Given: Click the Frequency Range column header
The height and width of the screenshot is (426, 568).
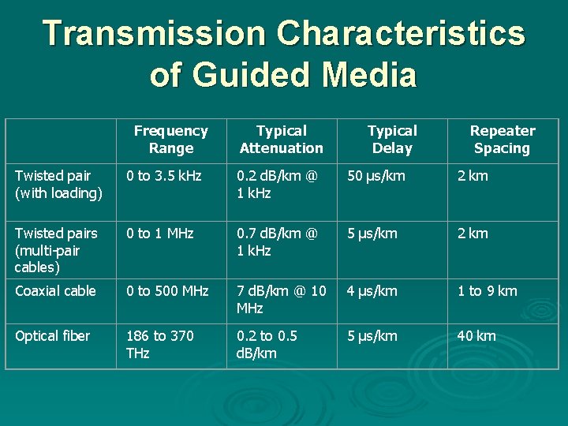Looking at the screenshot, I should tap(171, 140).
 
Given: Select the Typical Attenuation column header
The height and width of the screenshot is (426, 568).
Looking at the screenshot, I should tap(282, 140).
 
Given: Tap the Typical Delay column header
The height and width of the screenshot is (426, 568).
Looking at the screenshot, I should tap(392, 140).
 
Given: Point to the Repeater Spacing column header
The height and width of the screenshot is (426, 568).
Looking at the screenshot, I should tap(503, 140).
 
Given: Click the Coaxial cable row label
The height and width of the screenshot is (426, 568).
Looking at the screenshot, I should tap(55, 291).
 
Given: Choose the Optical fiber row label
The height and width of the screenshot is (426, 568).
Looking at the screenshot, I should tap(52, 336).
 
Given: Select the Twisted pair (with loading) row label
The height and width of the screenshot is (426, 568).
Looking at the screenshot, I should tap(58, 185).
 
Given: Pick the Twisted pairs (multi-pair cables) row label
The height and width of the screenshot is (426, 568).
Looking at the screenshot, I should tap(56, 250).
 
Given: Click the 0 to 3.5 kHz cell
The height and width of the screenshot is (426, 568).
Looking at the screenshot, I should tap(164, 176).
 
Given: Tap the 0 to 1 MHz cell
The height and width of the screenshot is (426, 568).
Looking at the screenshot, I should tap(159, 234).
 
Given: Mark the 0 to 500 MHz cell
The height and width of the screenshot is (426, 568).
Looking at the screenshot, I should tap(167, 291).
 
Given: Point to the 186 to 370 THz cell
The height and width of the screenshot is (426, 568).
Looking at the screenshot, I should tap(159, 345).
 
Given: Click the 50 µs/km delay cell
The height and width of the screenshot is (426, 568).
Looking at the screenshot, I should tap(376, 176).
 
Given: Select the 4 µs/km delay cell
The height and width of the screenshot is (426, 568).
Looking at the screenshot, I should tap(372, 291).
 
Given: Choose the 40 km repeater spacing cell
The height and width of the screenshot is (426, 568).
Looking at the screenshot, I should tap(476, 336).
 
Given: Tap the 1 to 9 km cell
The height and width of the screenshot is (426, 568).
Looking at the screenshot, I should tap(488, 291).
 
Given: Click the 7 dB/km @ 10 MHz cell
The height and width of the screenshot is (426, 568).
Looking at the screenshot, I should tap(281, 300).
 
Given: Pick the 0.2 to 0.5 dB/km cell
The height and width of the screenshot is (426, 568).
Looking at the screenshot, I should tap(267, 345).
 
